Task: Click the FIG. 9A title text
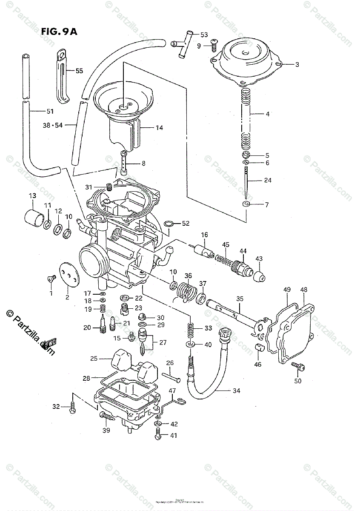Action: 59,32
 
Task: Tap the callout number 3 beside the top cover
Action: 297,65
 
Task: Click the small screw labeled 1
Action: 51,278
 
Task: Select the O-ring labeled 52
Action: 168,224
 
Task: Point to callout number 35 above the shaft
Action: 240,299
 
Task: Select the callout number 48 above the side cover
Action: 304,290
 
